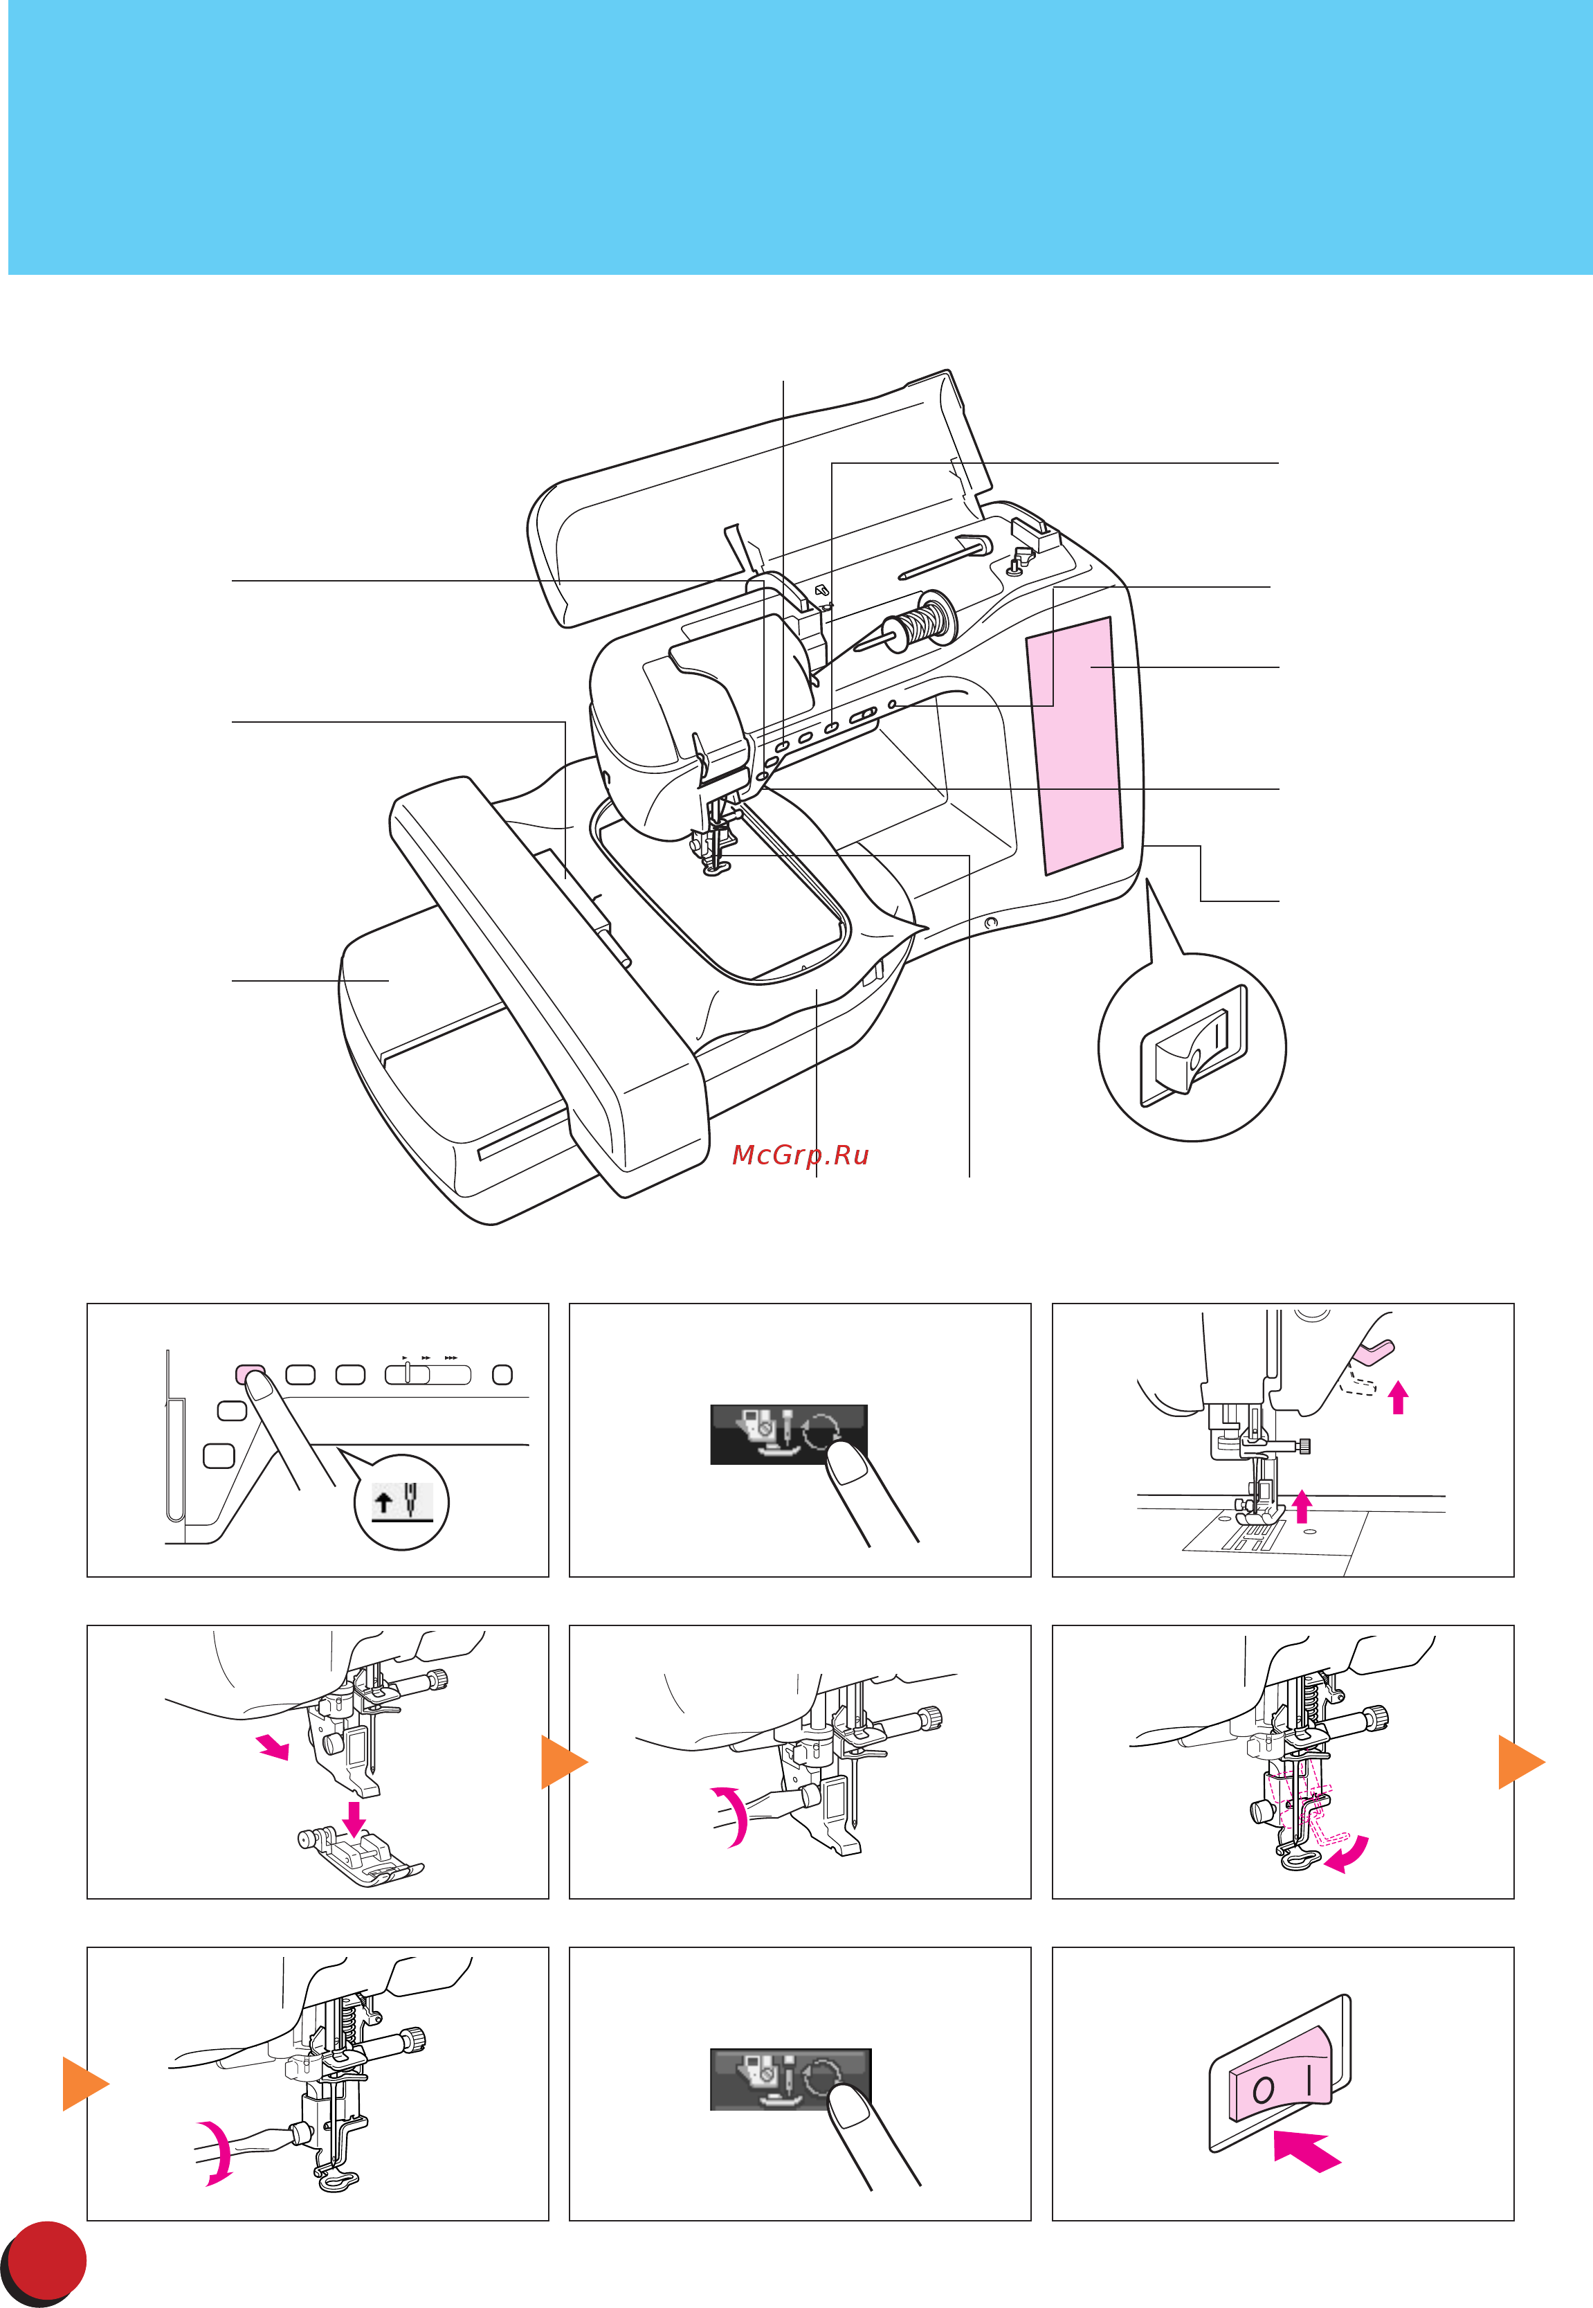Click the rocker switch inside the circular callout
1194,1047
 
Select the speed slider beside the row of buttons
427,1375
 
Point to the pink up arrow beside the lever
1399,1396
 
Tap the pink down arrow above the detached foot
354,1818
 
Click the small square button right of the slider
503,1375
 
